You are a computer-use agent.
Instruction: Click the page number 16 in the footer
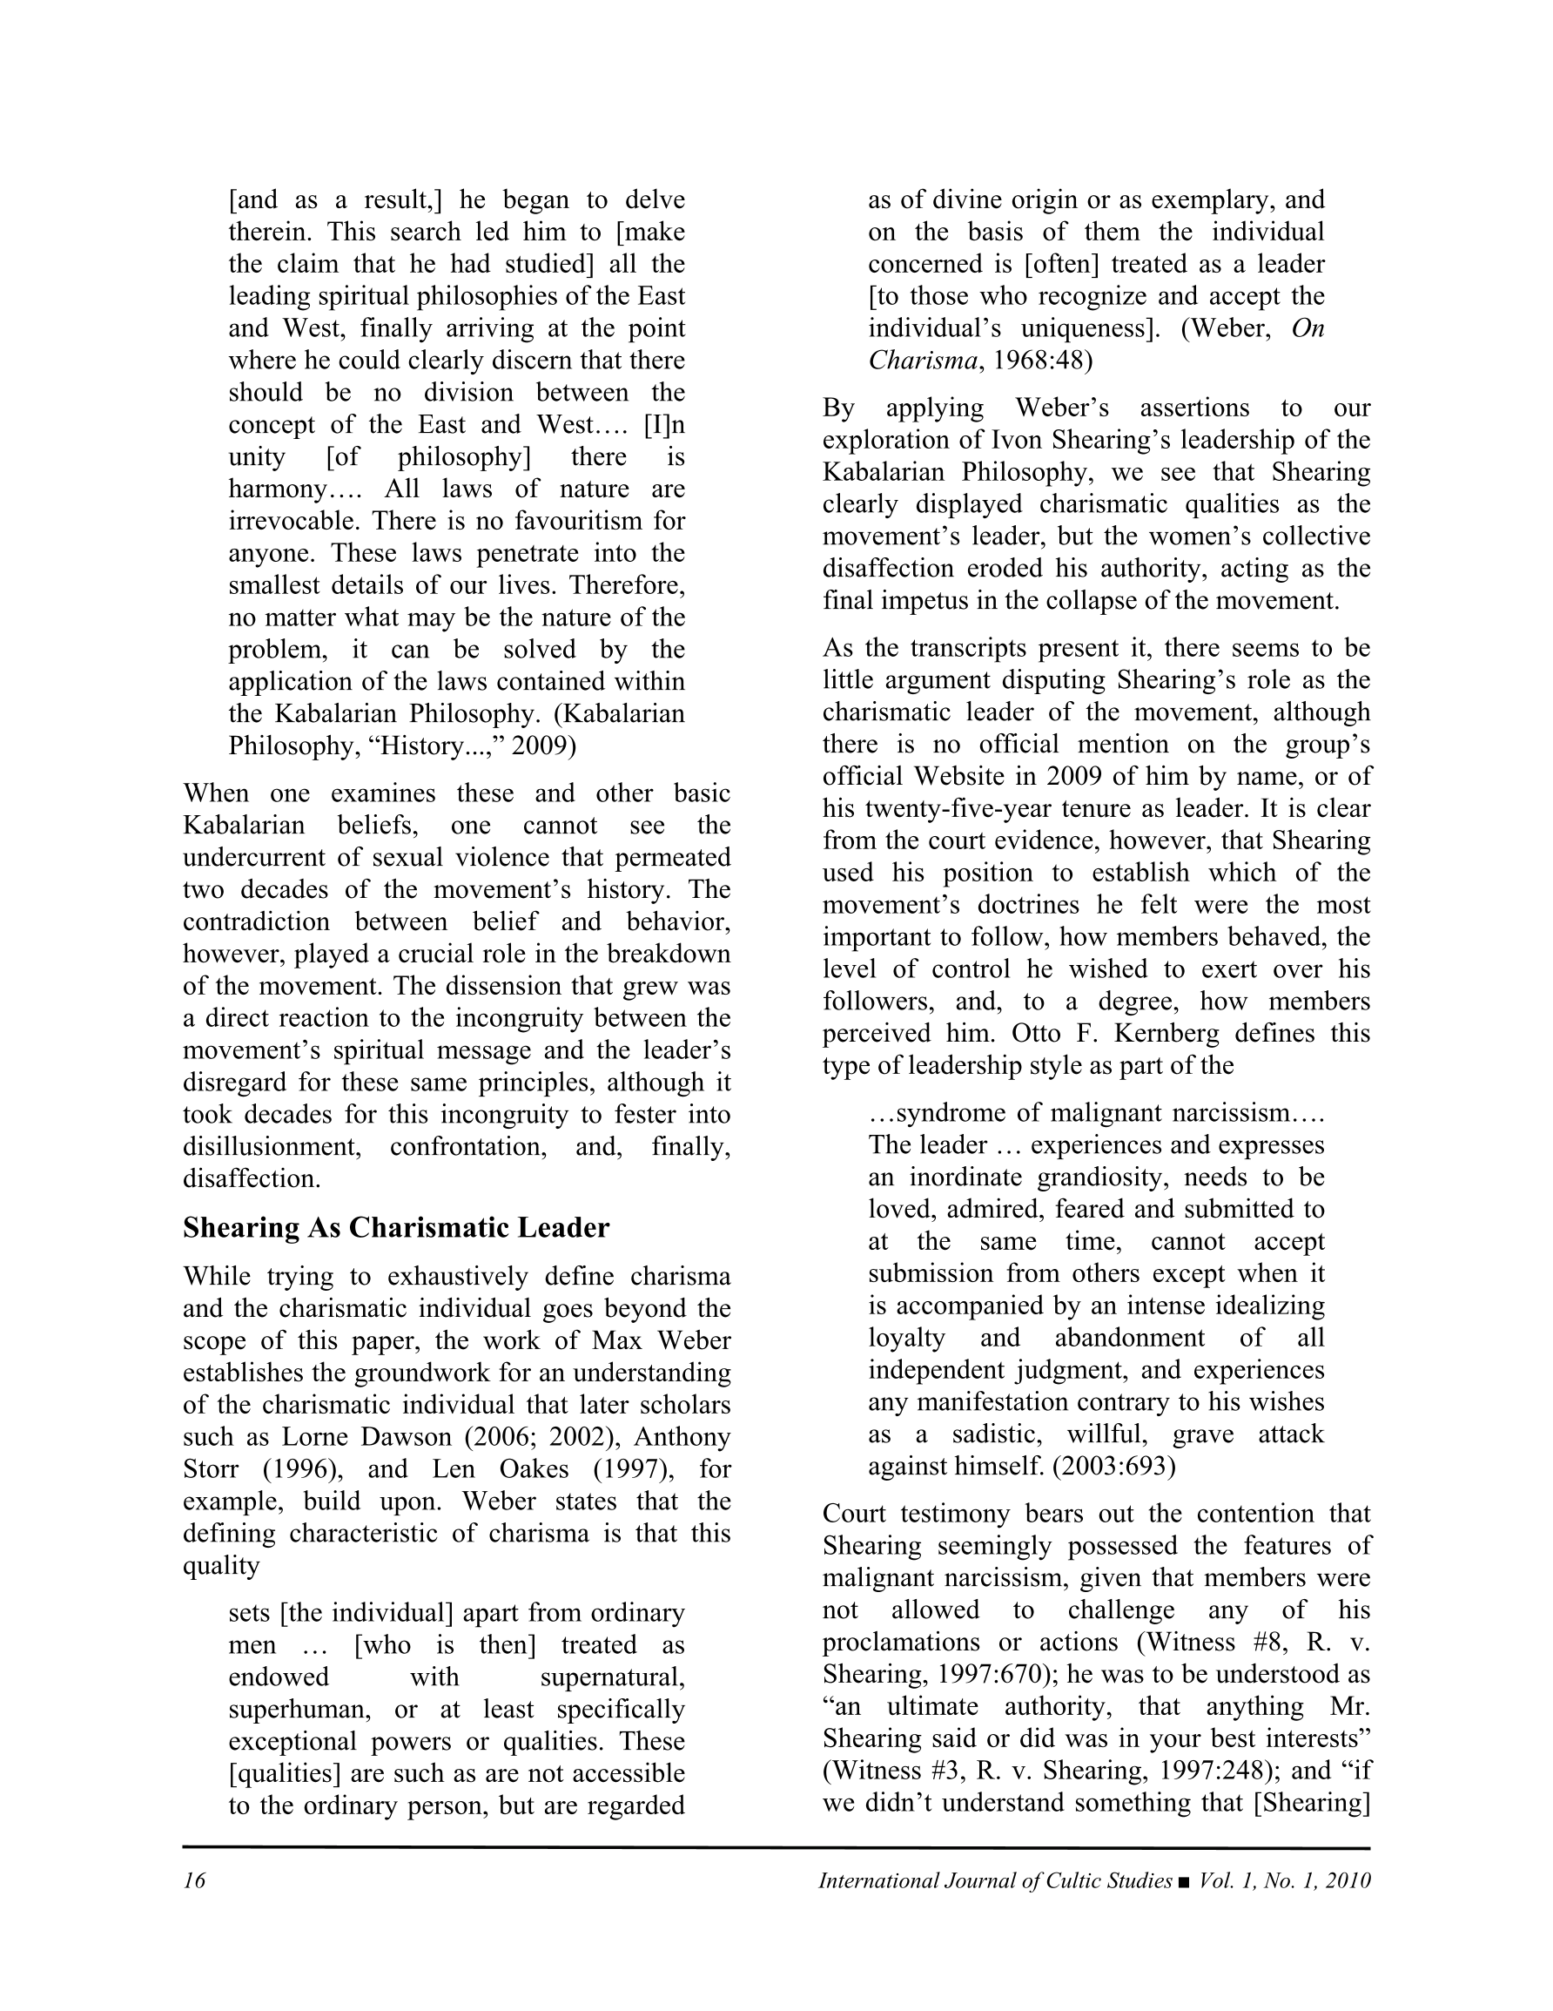tap(194, 1881)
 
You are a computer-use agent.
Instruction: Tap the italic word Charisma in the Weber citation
tap(923, 361)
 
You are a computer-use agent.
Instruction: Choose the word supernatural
tap(612, 1677)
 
